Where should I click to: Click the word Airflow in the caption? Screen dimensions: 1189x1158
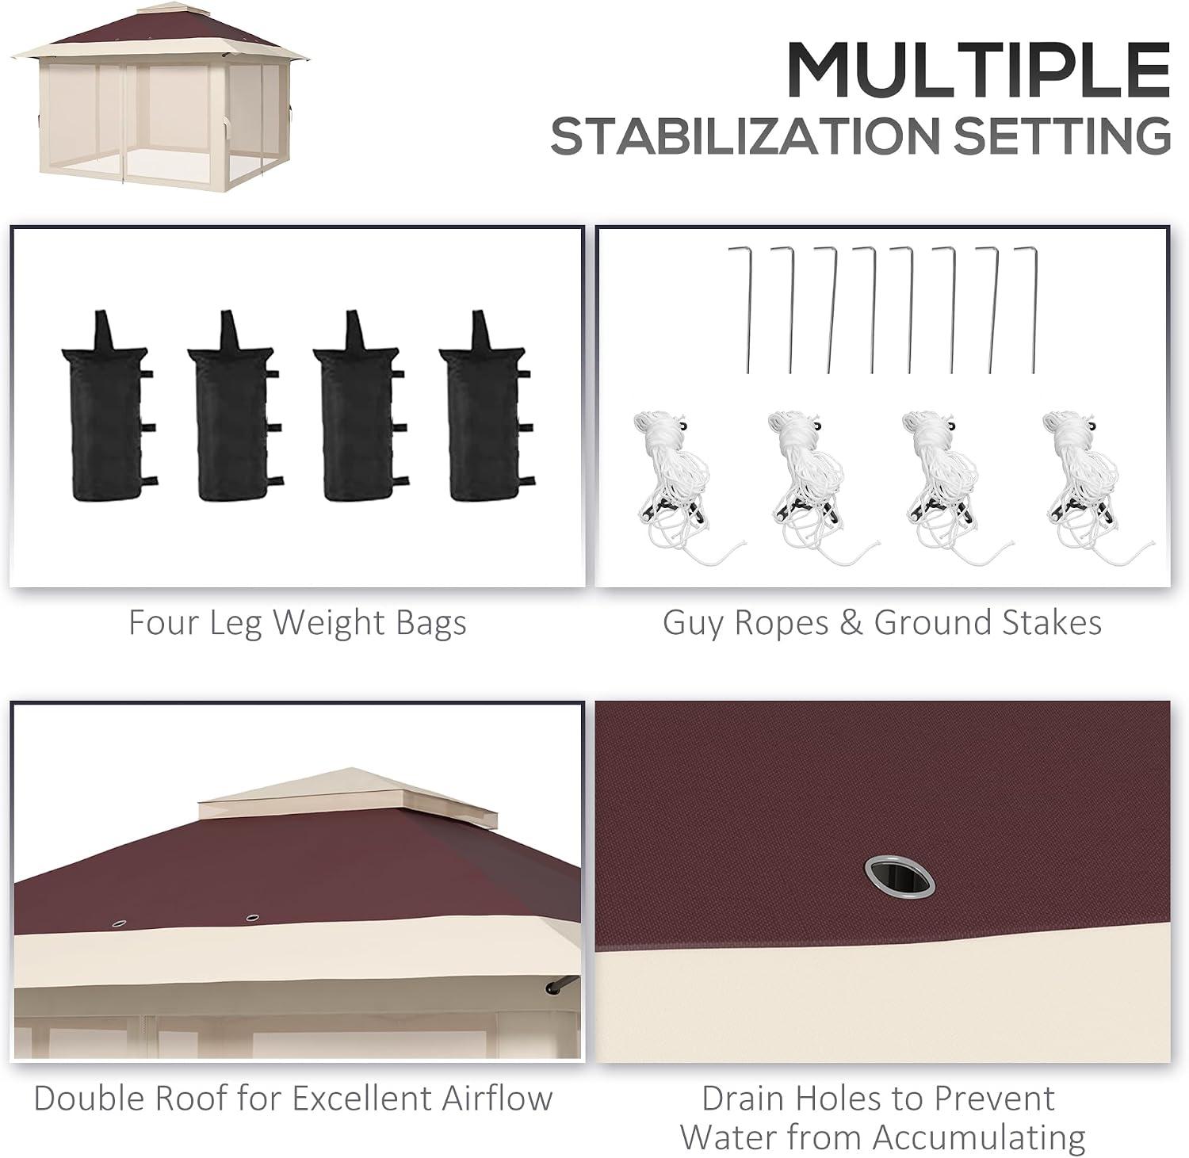pyautogui.click(x=497, y=1099)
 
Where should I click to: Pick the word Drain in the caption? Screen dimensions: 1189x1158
pyautogui.click(x=744, y=1099)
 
